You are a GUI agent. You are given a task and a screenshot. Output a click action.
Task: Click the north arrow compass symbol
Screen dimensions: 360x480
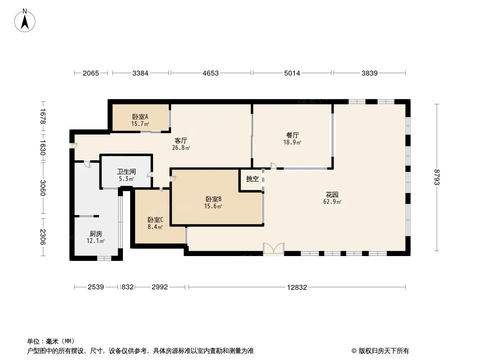click(26, 20)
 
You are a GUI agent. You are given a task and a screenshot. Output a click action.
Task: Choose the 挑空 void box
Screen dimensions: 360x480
click(252, 179)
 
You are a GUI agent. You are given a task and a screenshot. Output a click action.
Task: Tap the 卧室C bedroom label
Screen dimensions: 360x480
click(155, 220)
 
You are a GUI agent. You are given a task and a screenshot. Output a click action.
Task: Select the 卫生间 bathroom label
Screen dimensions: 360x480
click(127, 172)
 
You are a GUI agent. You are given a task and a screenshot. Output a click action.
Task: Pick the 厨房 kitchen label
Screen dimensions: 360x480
click(95, 234)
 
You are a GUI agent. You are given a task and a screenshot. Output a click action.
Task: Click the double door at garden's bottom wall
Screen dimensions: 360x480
click(273, 249)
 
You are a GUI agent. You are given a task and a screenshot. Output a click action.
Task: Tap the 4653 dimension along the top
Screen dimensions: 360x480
click(210, 73)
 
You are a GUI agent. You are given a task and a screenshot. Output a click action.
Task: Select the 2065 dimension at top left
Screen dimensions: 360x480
click(91, 73)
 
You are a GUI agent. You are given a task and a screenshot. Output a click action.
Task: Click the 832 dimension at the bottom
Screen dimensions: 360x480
click(127, 287)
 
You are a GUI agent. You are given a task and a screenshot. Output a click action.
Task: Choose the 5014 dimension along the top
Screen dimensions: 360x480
click(292, 73)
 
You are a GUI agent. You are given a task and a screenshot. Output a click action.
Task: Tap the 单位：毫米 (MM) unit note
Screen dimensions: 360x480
click(51, 341)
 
